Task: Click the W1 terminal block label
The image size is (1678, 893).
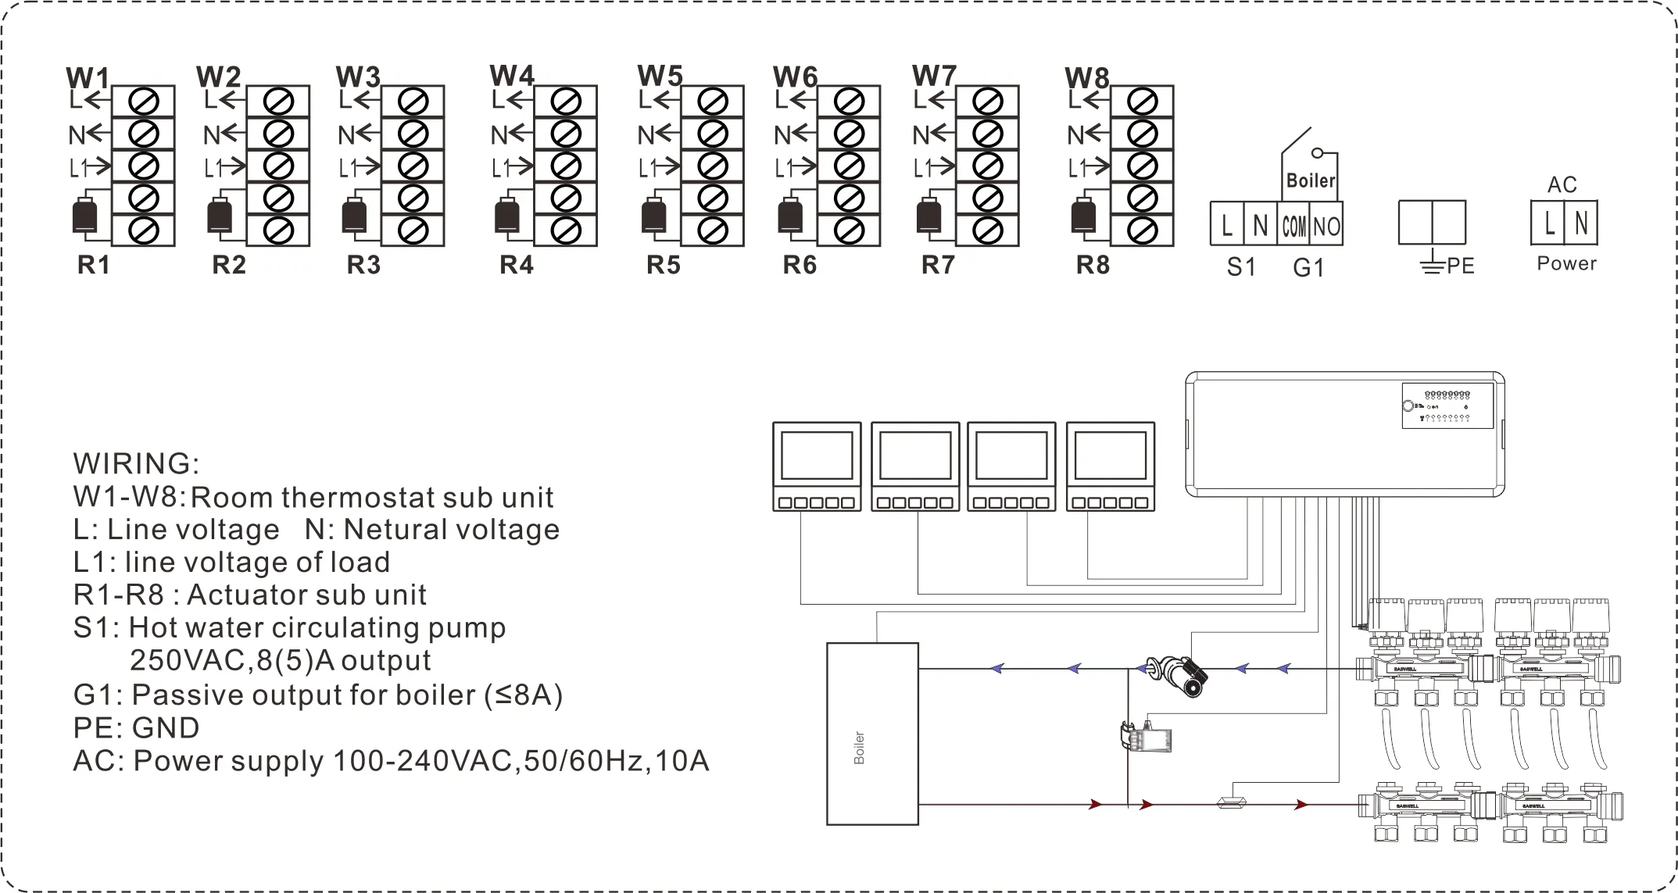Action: (x=88, y=78)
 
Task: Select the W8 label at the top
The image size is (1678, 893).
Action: (x=1086, y=78)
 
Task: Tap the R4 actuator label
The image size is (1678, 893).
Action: (x=516, y=266)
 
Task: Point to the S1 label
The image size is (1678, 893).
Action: (x=1240, y=267)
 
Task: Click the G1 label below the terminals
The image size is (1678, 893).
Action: (x=1308, y=267)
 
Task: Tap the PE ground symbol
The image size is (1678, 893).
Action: (x=1431, y=266)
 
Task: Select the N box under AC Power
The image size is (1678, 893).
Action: (x=1581, y=223)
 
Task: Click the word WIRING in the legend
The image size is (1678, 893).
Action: (x=136, y=463)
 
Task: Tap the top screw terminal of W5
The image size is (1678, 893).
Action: (x=712, y=102)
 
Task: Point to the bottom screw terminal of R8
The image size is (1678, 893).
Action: (x=1142, y=230)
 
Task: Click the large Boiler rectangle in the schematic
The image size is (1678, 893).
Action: (x=872, y=734)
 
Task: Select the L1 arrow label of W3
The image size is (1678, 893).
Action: (x=359, y=167)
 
